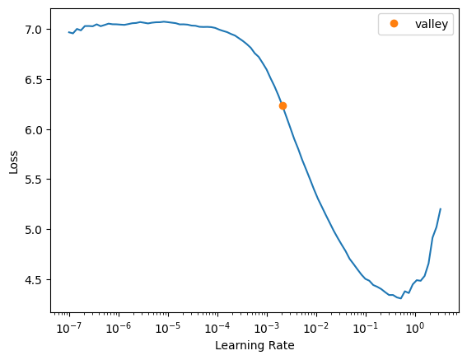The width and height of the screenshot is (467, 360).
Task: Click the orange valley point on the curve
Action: click(x=283, y=105)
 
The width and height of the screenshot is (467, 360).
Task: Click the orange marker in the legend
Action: click(x=394, y=24)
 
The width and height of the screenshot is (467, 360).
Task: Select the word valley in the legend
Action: click(x=432, y=24)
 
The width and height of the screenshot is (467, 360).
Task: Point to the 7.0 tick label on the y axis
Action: click(x=34, y=30)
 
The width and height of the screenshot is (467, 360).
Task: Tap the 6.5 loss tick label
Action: click(x=34, y=80)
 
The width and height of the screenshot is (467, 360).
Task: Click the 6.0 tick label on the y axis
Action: click(x=34, y=130)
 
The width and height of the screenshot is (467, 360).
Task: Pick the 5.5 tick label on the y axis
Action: click(x=34, y=180)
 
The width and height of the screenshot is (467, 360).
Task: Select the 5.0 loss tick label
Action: click(x=34, y=230)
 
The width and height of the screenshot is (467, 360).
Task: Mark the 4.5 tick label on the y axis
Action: click(x=34, y=280)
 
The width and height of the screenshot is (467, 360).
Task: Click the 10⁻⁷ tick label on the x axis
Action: click(x=69, y=328)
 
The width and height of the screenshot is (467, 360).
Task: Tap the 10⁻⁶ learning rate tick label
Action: click(x=119, y=328)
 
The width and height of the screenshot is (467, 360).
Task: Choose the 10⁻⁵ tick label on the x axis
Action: click(x=168, y=328)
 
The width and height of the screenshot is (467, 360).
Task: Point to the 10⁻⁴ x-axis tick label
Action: click(x=217, y=328)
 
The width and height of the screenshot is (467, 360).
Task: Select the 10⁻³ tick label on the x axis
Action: click(x=267, y=328)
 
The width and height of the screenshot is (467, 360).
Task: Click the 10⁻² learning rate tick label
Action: click(x=316, y=328)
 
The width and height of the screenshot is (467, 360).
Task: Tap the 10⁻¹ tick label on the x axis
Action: click(x=366, y=328)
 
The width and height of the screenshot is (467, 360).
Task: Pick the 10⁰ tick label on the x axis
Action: click(x=414, y=328)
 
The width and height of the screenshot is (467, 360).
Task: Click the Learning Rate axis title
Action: click(x=255, y=346)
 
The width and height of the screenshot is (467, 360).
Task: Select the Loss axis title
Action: click(x=13, y=162)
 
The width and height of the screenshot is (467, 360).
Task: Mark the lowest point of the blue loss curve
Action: click(x=401, y=298)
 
